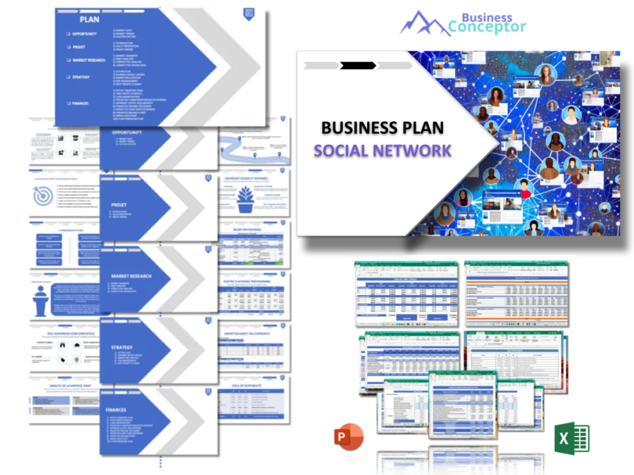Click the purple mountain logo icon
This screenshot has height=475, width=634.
(424, 23)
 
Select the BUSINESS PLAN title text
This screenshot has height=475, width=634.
(382, 128)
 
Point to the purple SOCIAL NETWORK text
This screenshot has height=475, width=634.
(382, 150)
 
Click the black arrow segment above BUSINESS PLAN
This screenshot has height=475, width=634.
(358, 65)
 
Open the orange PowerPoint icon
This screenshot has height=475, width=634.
(348, 437)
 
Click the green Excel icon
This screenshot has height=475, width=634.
(571, 438)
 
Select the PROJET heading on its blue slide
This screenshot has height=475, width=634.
(119, 205)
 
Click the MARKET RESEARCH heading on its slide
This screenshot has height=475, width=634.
(131, 276)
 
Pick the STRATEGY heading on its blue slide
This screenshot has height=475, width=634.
(122, 347)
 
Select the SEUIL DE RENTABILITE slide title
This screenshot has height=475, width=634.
(254, 384)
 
